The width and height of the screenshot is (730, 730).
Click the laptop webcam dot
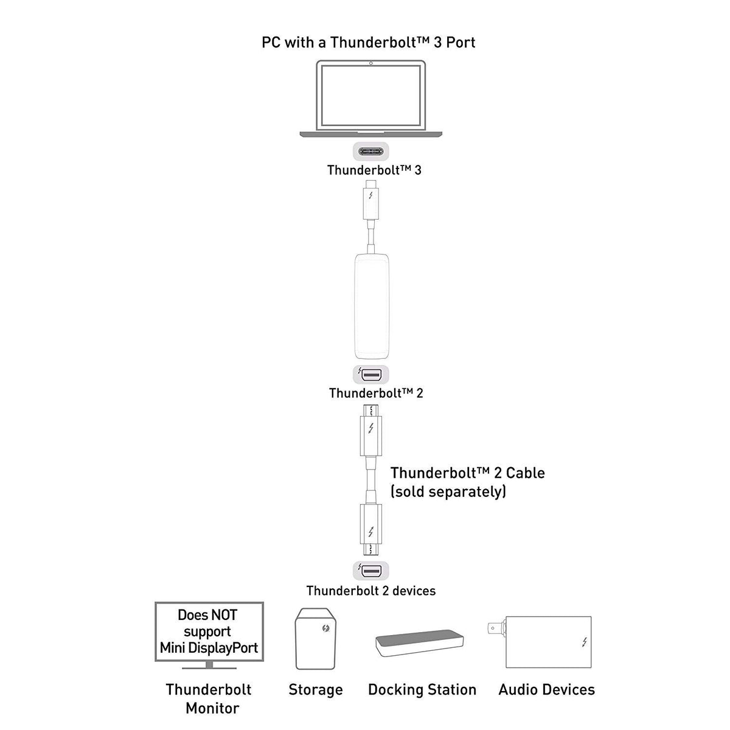tap(371, 63)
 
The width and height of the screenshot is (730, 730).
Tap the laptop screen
tap(371, 96)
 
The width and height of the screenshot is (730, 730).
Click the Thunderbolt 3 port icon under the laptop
tap(371, 151)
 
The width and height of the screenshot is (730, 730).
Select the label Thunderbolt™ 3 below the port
tap(374, 170)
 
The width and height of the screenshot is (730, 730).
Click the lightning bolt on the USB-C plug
tap(371, 195)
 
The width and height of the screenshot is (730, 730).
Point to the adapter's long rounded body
tap(371, 306)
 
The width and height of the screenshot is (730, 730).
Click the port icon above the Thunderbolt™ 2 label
tap(371, 375)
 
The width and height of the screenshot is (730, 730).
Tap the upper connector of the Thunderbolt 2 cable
tap(371, 430)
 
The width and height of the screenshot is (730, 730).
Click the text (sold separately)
tap(448, 492)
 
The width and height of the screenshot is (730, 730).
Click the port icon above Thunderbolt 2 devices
tap(371, 571)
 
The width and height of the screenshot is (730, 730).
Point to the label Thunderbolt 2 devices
tap(371, 591)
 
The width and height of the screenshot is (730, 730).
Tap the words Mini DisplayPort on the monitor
tap(209, 648)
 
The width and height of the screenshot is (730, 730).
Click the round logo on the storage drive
tap(325, 628)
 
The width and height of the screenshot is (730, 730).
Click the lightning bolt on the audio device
tap(585, 642)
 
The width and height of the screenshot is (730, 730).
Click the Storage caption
tap(316, 690)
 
